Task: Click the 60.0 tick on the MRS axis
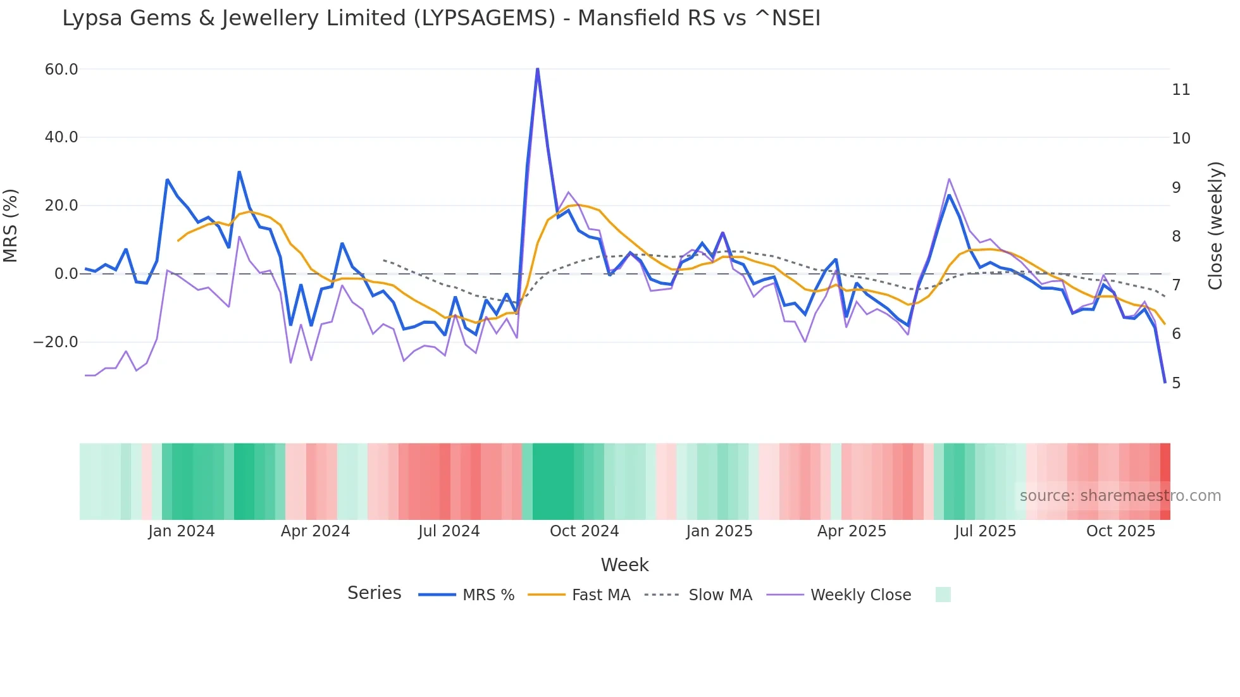pyautogui.click(x=61, y=70)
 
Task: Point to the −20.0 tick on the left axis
pyautogui.click(x=55, y=342)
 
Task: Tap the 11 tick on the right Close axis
pyautogui.click(x=1181, y=90)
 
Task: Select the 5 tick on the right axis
pyautogui.click(x=1175, y=383)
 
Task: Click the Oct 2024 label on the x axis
pyautogui.click(x=584, y=531)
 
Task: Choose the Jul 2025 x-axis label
pyautogui.click(x=985, y=531)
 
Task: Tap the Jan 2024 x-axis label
pyautogui.click(x=182, y=531)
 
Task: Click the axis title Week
pyautogui.click(x=624, y=565)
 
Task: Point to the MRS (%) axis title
pyautogui.click(x=11, y=225)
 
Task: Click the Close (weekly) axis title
pyautogui.click(x=1215, y=225)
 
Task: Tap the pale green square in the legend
pyautogui.click(x=943, y=595)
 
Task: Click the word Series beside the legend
pyautogui.click(x=374, y=593)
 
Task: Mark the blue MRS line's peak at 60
pyautogui.click(x=537, y=69)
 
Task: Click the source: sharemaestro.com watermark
pyautogui.click(x=1120, y=496)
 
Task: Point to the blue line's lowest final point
pyautogui.click(x=1165, y=382)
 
